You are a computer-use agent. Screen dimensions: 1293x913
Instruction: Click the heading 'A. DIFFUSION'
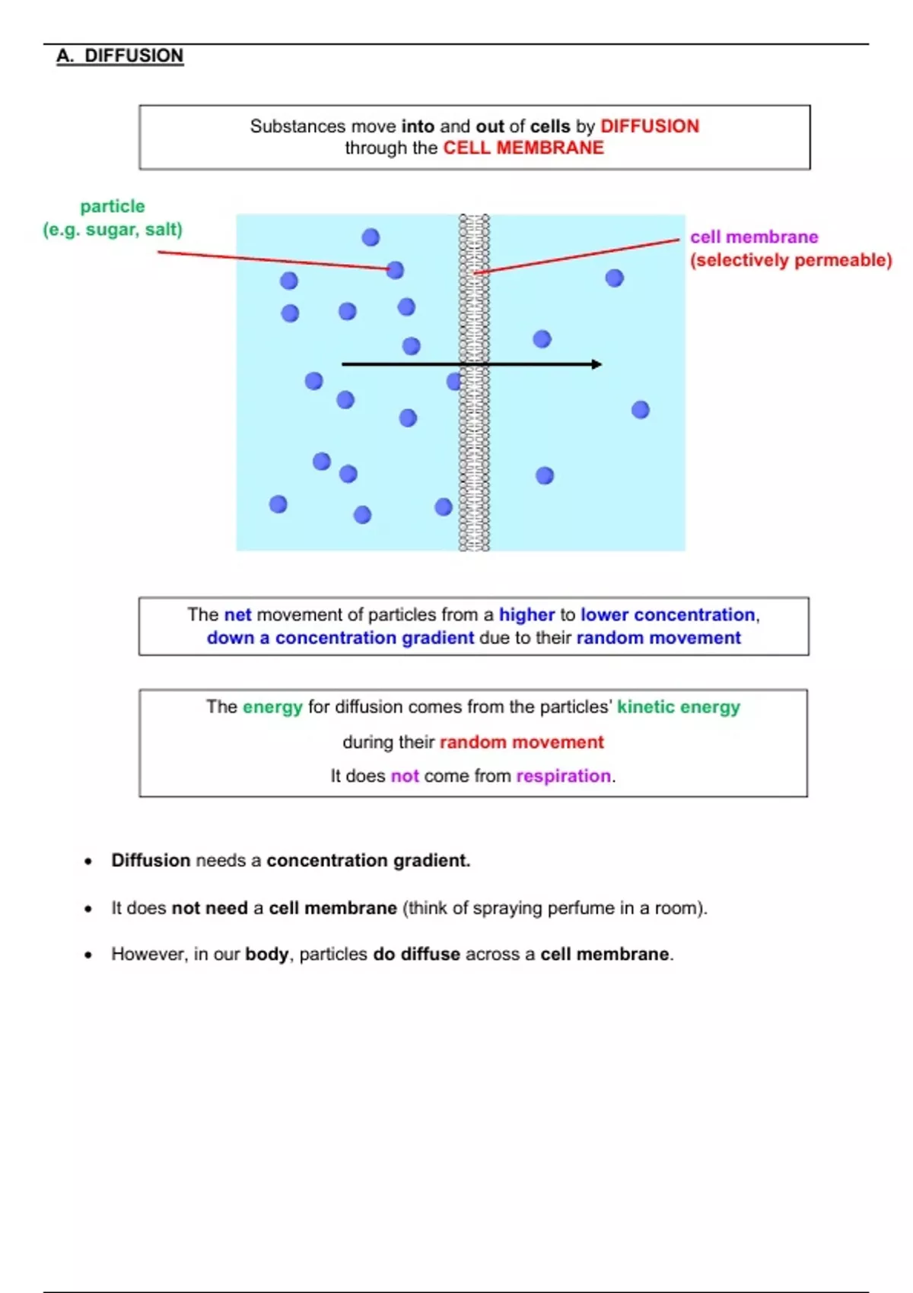click(120, 56)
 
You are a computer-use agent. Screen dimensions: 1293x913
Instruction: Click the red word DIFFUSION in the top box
click(650, 126)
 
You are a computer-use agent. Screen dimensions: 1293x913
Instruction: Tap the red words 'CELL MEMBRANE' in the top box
click(523, 148)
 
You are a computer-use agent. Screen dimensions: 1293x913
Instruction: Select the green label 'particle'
click(113, 206)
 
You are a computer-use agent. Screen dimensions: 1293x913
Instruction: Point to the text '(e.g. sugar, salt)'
click(113, 229)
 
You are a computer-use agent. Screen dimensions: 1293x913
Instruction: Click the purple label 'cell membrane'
click(754, 237)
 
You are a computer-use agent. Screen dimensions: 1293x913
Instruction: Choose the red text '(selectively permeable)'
click(791, 260)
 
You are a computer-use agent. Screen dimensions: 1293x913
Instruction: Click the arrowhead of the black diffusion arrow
click(596, 364)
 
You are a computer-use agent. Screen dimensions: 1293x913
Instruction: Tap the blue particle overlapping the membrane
click(455, 381)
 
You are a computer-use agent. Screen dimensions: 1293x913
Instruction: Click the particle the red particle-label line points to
click(395, 270)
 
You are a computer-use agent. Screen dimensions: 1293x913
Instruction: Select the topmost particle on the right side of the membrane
click(615, 278)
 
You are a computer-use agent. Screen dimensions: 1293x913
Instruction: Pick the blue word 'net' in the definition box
click(237, 615)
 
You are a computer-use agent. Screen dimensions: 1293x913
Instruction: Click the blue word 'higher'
click(526, 615)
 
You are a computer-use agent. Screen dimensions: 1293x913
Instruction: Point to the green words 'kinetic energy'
click(678, 707)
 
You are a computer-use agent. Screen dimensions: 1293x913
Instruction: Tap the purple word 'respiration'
click(563, 776)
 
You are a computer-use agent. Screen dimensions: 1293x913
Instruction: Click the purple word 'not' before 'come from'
click(405, 776)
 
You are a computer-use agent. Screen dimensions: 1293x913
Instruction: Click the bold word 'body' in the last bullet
click(266, 954)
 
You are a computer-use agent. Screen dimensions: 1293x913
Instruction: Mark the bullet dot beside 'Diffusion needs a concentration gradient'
click(89, 862)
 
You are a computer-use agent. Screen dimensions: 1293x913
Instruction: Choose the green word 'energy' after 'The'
click(272, 707)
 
